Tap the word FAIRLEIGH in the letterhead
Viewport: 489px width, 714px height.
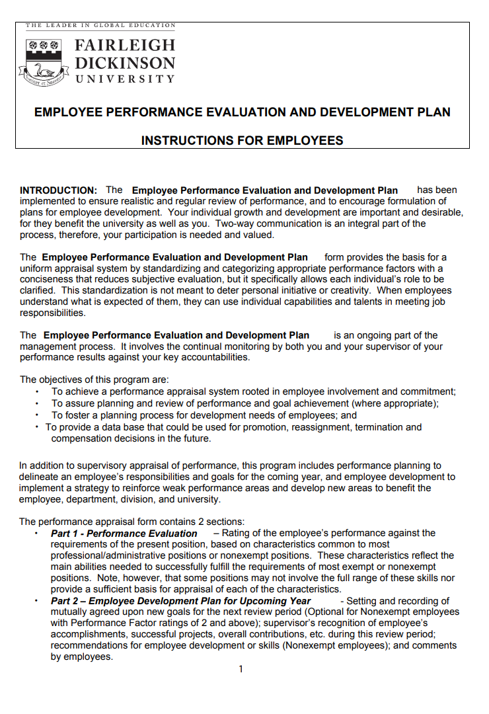pos(126,46)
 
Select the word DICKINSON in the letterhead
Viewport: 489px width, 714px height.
pos(126,63)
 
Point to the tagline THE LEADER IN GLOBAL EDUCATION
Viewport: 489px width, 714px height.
pos(100,25)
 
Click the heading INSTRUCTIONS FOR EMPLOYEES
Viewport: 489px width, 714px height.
pos(242,140)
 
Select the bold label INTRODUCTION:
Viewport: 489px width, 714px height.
pos(59,190)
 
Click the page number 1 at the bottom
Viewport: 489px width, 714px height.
pos(241,669)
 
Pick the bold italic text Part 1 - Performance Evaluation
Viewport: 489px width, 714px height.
pos(124,533)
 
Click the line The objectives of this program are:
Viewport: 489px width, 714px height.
pos(94,379)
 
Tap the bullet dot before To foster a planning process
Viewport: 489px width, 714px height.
pos(38,416)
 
